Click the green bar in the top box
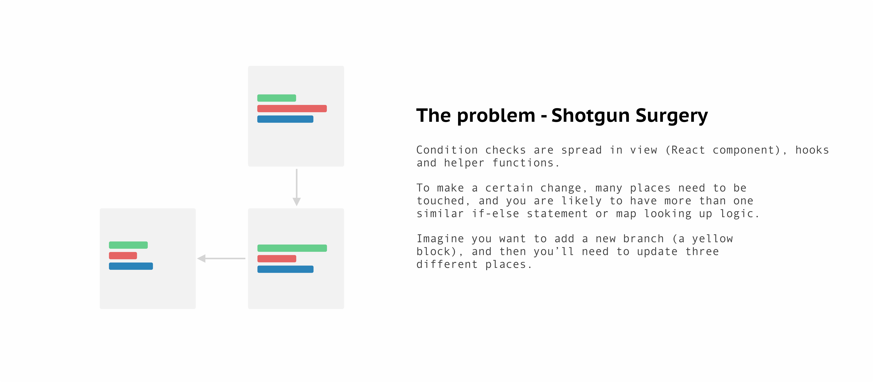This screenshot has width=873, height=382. (x=277, y=98)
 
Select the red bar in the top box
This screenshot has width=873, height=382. (x=292, y=108)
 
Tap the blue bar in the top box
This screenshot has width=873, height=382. (x=285, y=119)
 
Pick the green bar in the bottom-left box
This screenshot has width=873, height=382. (x=128, y=245)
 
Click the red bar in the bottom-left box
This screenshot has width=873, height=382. (x=123, y=256)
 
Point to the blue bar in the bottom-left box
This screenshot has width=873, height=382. (x=131, y=266)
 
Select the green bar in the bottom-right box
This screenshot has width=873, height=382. (x=292, y=248)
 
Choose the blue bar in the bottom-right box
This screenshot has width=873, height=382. (x=285, y=269)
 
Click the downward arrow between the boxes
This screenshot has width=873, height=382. (x=297, y=187)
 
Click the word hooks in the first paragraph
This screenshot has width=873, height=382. (x=812, y=150)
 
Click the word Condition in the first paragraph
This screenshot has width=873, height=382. (x=447, y=150)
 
